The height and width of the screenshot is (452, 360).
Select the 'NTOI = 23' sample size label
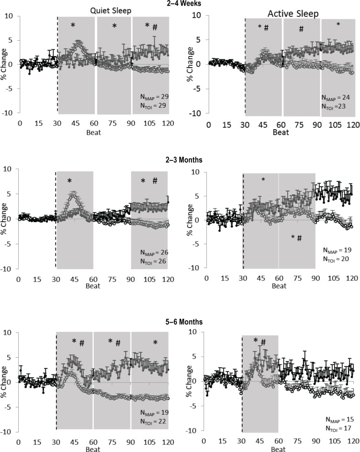(x=338, y=105)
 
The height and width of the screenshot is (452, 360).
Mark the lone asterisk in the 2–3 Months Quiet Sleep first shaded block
(x=69, y=181)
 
